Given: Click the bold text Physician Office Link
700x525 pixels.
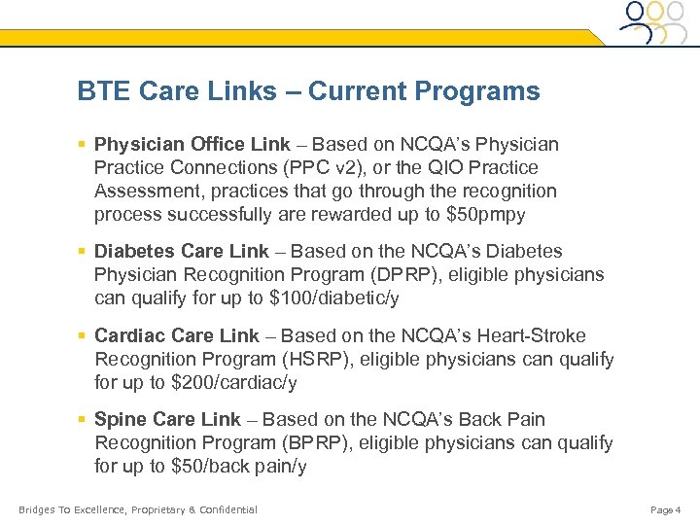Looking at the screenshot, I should pos(192,145).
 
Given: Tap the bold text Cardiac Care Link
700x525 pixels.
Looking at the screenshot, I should pos(177,336).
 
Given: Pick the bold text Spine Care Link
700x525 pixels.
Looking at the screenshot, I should pos(167,420).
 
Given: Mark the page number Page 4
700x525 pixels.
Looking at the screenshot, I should pos(666,509).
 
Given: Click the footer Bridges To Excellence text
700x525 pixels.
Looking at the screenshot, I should pos(137,509).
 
